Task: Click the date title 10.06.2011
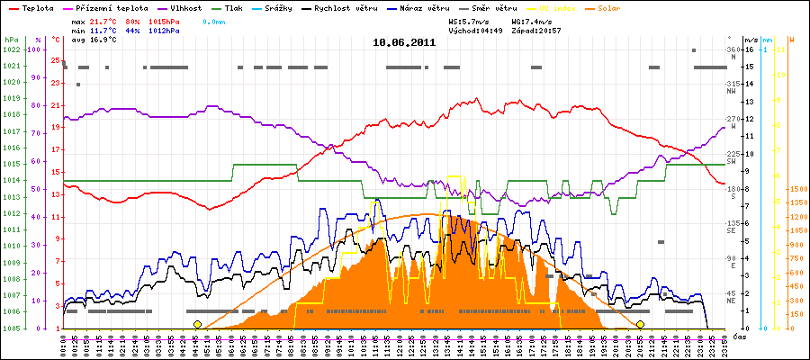coord(404,42)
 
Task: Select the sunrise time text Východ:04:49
coord(474,30)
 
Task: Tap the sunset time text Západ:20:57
coord(537,30)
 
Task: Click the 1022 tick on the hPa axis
coord(11,50)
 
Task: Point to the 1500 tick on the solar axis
coord(797,190)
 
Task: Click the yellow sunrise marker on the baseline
coord(197,324)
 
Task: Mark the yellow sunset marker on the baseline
coord(640,324)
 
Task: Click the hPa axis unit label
coord(11,40)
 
